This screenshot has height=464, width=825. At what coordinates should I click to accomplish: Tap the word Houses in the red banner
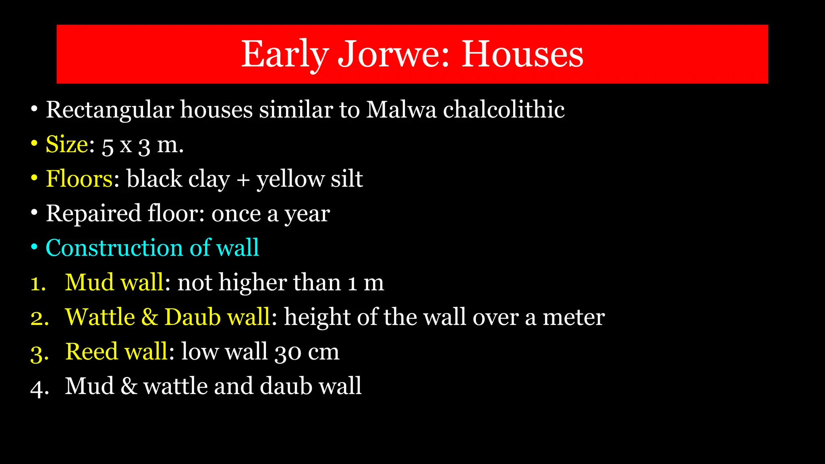tap(522, 54)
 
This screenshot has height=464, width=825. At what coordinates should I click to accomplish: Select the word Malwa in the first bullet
tap(401, 110)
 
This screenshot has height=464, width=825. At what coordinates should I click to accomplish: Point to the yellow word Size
tap(67, 144)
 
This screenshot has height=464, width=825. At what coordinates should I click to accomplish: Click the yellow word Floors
tap(79, 179)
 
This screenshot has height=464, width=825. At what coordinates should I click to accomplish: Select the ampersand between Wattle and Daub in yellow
tap(149, 317)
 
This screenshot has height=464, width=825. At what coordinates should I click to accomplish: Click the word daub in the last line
tap(286, 386)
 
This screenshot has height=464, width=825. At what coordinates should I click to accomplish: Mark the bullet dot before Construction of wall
tap(35, 247)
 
